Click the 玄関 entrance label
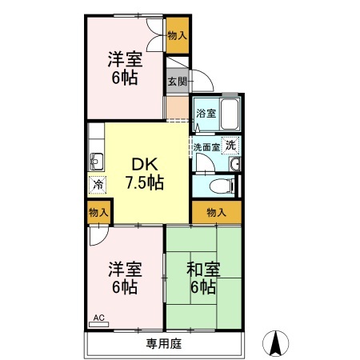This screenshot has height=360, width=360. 177,82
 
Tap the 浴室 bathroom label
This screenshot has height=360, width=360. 206,114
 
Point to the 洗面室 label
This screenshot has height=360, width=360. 206,147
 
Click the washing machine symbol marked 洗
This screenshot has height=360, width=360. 230,146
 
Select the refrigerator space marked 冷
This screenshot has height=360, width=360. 96,185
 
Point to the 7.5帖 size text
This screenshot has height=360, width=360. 144,182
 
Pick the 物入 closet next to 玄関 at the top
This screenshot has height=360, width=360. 177,35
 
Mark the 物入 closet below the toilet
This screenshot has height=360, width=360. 216,212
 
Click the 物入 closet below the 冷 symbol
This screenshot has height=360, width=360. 98,212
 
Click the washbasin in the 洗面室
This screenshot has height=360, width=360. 234,166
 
